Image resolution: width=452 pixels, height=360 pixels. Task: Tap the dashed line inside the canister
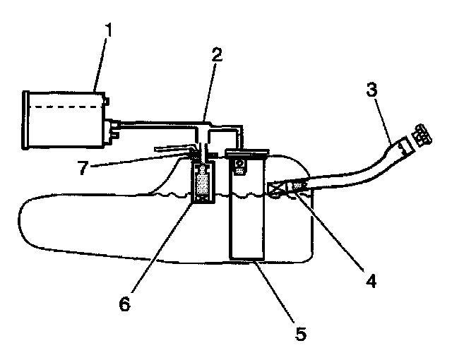click(64, 107)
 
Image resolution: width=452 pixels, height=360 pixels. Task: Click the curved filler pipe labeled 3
click(353, 169)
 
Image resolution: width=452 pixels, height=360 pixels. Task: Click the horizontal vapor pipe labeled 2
click(162, 127)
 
